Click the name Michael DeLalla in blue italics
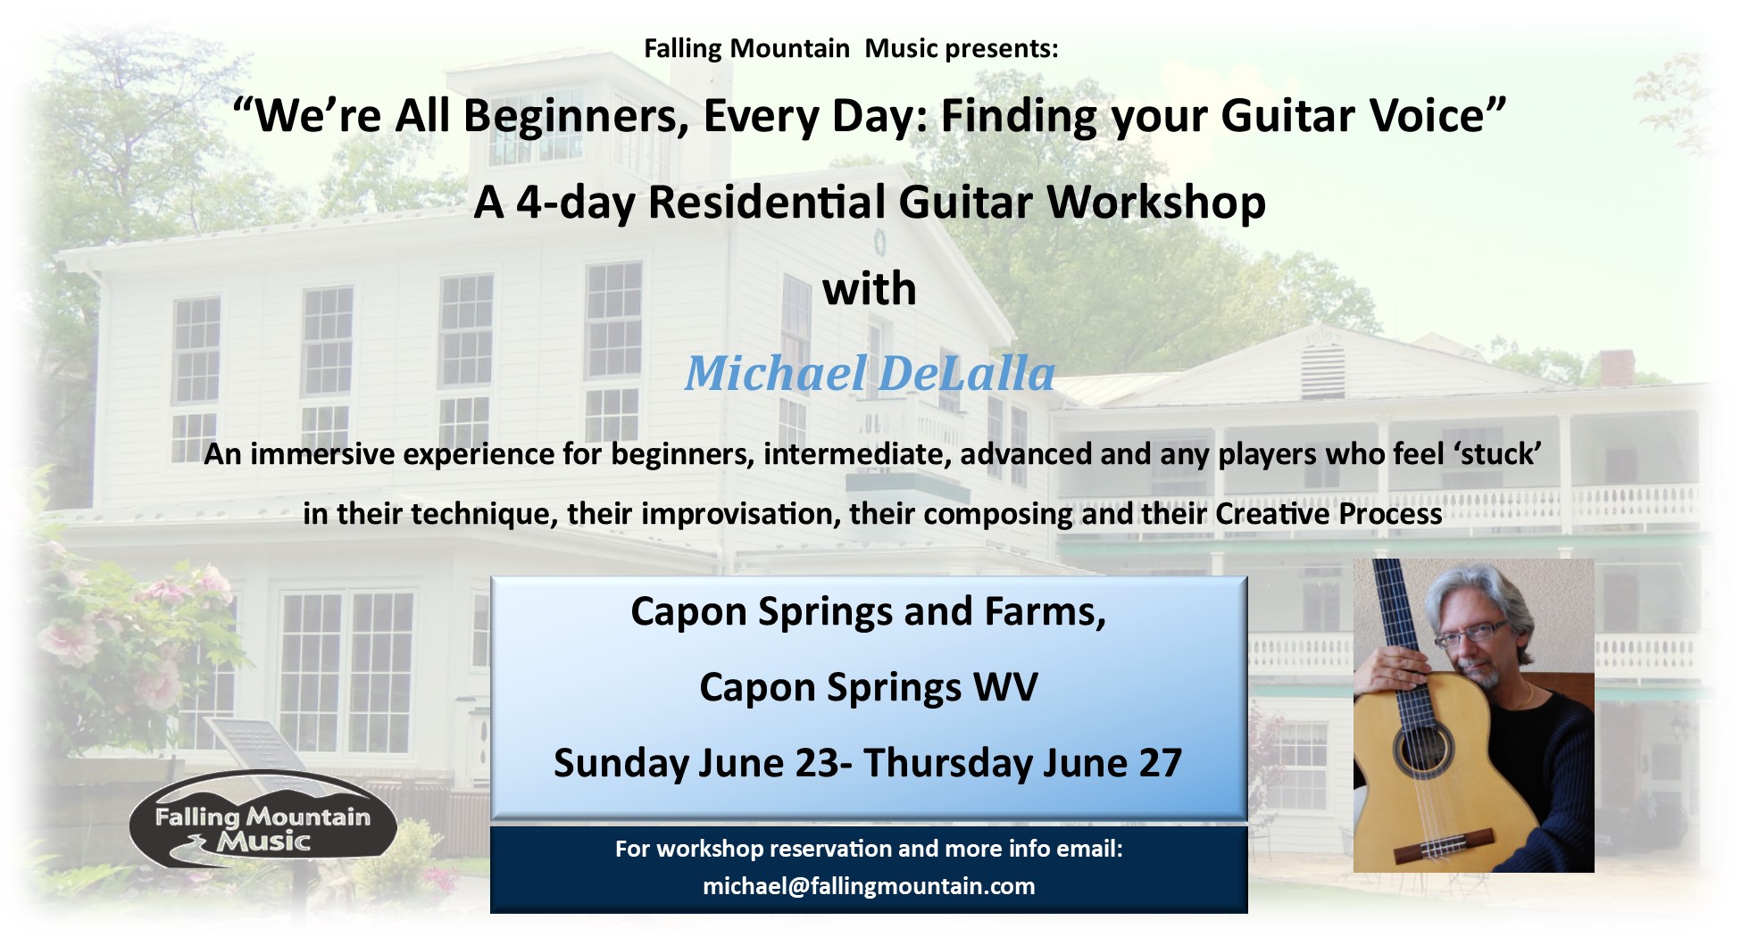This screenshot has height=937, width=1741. click(x=870, y=373)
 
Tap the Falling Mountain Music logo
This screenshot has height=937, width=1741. click(x=262, y=819)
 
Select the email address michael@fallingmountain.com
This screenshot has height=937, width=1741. click(x=869, y=886)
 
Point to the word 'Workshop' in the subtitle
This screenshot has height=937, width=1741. click(x=1156, y=203)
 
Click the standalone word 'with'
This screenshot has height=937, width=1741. click(x=870, y=288)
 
